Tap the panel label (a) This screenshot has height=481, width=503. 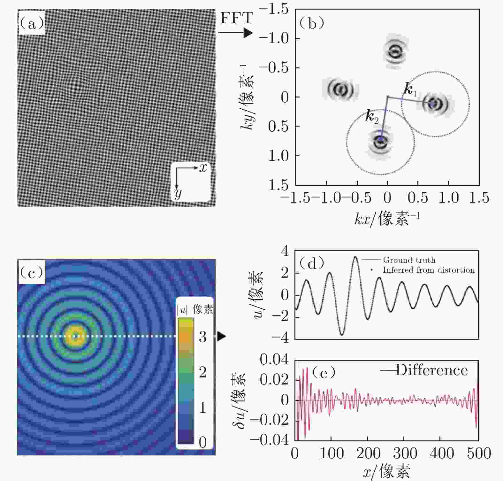(32, 23)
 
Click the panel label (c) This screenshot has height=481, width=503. (32, 272)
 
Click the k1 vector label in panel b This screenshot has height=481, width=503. (410, 90)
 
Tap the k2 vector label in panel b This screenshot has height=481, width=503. (372, 117)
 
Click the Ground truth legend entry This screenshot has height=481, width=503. (409, 260)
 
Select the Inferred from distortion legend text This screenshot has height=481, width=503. (429, 270)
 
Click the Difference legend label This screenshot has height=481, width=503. (431, 370)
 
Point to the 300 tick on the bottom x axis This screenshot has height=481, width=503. (405, 454)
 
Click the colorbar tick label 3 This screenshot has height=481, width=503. (202, 337)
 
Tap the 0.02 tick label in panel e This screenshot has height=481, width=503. (274, 380)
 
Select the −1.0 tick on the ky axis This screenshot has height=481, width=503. (274, 39)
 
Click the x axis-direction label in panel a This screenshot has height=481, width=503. (203, 167)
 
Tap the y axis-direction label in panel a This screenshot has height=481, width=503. (178, 193)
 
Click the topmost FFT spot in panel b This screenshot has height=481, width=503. (396, 51)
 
